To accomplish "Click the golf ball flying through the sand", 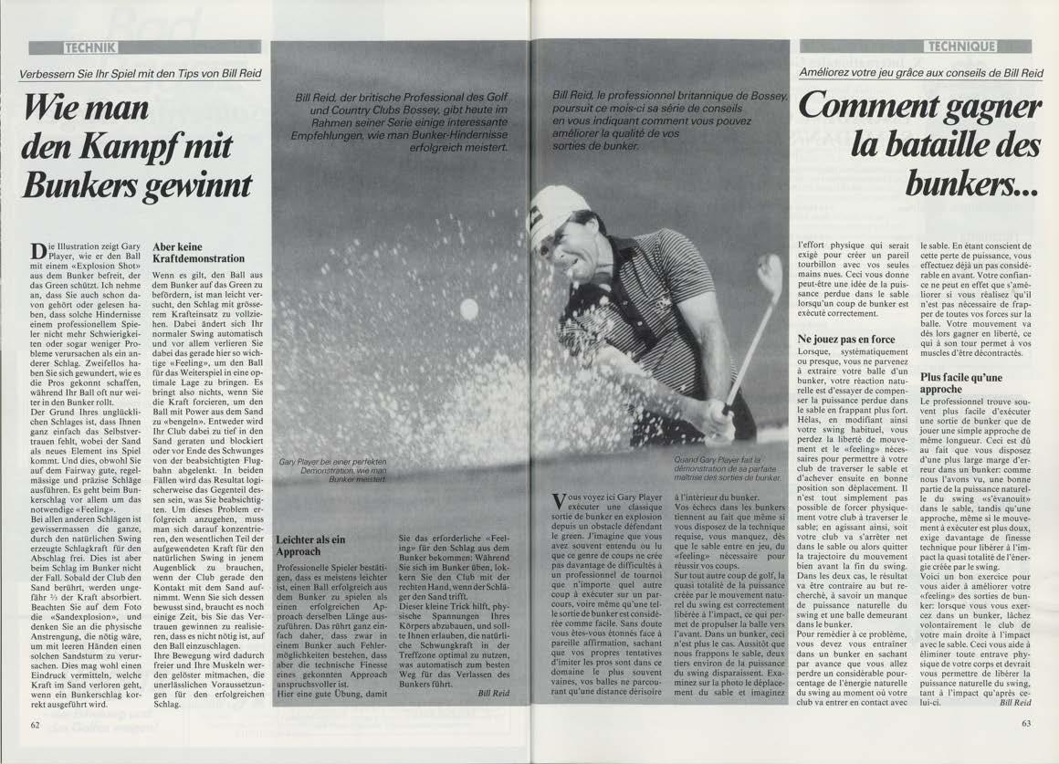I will (469, 309).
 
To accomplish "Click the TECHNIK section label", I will (89, 47).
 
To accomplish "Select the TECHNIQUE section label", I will (962, 47).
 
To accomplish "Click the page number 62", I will (35, 725).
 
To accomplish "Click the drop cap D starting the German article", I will (37, 252).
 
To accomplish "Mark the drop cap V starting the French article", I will (560, 503).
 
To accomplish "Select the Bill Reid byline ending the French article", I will (1014, 703).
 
